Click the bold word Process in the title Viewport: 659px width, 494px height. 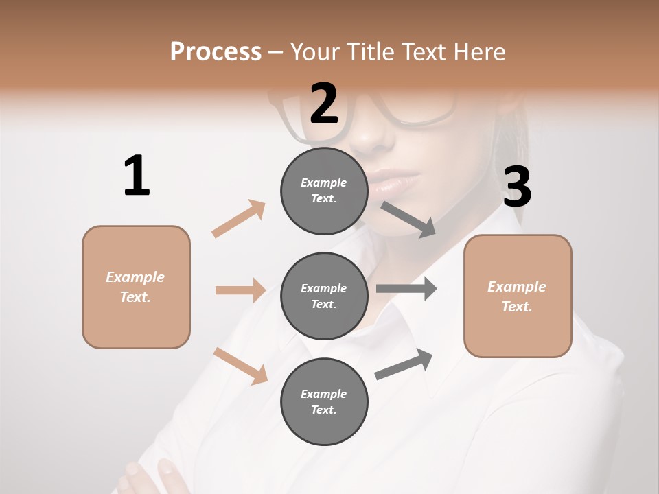pos(216,51)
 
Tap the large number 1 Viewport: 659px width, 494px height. pos(137,176)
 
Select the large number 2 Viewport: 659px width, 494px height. pos(324,103)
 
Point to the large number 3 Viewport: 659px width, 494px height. pos(517,187)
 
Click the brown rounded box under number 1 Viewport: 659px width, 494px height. pos(136,287)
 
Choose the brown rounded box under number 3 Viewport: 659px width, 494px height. pos(518,296)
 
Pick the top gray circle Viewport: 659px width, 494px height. pos(324,191)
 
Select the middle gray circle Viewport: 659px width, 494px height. pos(324,296)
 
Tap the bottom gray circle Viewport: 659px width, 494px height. pos(324,401)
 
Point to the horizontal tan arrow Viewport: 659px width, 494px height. pos(240,290)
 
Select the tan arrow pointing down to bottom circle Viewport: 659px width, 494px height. pos(240,365)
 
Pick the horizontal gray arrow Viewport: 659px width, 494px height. pos(406,289)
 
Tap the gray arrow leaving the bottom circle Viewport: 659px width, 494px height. pos(404,364)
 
